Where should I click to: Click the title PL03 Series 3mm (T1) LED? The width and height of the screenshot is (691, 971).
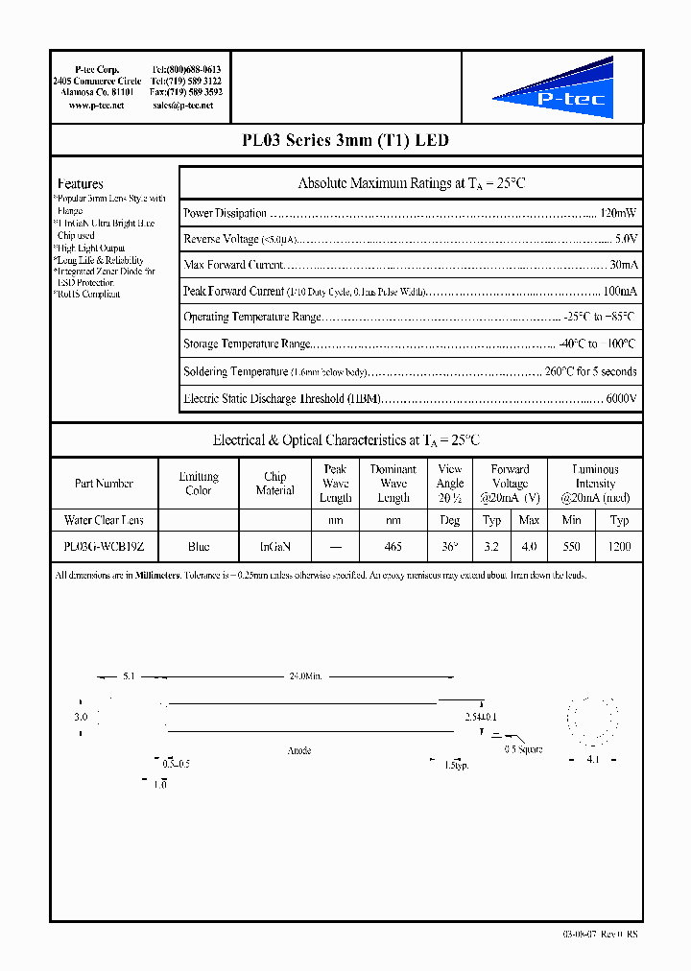point(345,140)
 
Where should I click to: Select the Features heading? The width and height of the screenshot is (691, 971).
point(81,183)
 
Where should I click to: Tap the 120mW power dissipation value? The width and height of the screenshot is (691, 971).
point(618,213)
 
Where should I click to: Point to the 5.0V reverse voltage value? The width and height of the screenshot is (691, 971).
point(625,238)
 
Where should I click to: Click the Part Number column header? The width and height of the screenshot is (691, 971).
point(104,484)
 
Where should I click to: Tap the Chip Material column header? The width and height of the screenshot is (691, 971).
point(275,484)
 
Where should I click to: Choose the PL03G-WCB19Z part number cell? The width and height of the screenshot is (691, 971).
point(104,546)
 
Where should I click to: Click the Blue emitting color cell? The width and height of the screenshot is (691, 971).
point(199,546)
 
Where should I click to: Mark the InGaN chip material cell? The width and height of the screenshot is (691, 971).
point(275,546)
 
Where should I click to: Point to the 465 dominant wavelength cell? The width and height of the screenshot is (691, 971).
point(393,546)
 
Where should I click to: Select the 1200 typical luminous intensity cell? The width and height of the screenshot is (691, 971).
point(619,546)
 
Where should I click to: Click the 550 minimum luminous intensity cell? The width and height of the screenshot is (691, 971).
point(572,546)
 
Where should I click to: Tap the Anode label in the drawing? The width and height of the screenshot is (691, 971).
point(299,750)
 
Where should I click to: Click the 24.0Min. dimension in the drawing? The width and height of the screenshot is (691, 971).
point(305,676)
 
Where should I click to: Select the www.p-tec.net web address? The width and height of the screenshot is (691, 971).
point(97,106)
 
